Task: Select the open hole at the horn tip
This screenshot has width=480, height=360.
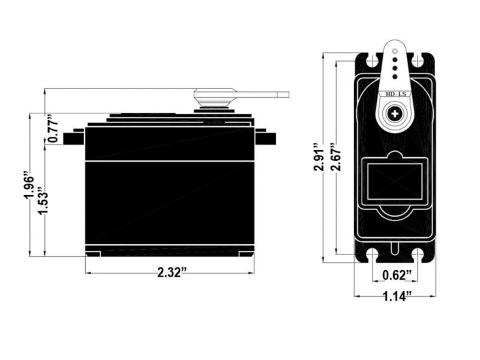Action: click(x=395, y=51)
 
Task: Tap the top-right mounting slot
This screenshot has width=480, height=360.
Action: click(x=418, y=61)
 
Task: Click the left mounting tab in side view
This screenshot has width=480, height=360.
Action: click(x=74, y=138)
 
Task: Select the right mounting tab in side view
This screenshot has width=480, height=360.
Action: click(x=265, y=138)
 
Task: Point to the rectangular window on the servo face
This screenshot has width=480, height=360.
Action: click(x=395, y=182)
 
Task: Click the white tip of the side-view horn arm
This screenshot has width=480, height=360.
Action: click(x=284, y=94)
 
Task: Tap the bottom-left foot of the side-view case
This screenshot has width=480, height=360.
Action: click(x=93, y=254)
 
